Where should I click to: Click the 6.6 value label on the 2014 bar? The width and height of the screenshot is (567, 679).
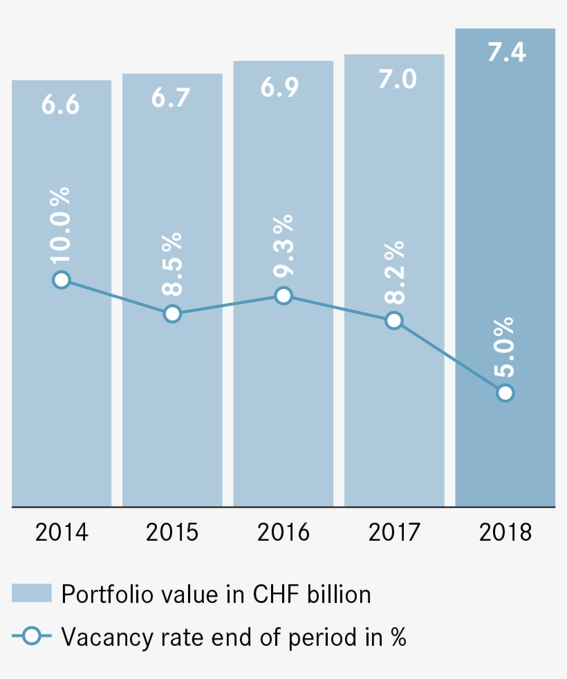[x=61, y=105]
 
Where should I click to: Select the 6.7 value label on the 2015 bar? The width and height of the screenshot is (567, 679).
[x=171, y=98]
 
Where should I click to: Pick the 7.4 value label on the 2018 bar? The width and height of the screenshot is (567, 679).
[x=506, y=53]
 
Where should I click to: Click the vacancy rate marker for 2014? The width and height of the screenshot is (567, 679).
[x=62, y=279]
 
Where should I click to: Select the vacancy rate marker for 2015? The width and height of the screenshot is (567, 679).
[x=172, y=314]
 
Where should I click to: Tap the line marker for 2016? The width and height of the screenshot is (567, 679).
[x=283, y=296]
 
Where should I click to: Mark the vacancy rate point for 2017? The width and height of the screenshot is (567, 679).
[x=394, y=320]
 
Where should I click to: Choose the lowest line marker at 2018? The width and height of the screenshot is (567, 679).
[x=505, y=393]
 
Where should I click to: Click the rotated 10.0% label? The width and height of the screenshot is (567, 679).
[x=62, y=223]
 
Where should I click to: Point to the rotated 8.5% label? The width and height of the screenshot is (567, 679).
[x=173, y=265]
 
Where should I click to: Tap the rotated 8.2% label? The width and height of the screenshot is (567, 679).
[x=394, y=272]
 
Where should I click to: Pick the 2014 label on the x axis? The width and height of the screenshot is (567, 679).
[x=62, y=532]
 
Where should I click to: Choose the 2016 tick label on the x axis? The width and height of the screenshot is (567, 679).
[x=283, y=532]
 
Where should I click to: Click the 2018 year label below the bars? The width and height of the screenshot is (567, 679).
[x=505, y=532]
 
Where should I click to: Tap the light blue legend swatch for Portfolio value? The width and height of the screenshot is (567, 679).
[x=32, y=593]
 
